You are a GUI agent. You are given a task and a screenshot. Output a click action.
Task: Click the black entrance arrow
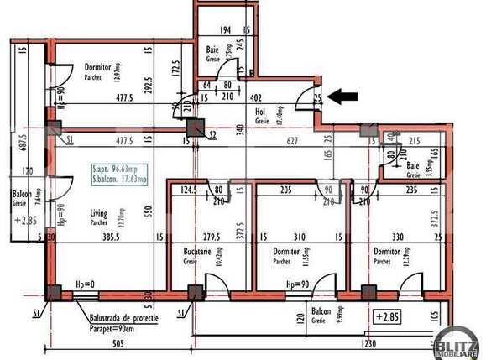(342, 97)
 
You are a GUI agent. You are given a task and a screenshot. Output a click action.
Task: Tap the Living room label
(99, 214)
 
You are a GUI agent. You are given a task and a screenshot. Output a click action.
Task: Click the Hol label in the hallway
(260, 111)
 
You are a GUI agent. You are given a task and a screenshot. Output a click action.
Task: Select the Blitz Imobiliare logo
(457, 339)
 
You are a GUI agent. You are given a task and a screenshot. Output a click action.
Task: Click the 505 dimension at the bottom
(119, 343)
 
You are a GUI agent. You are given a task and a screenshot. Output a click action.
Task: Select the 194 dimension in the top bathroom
(225, 31)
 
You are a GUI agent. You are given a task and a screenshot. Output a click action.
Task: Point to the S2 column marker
(213, 134)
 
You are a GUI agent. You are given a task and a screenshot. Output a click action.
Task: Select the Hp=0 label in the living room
(85, 285)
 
